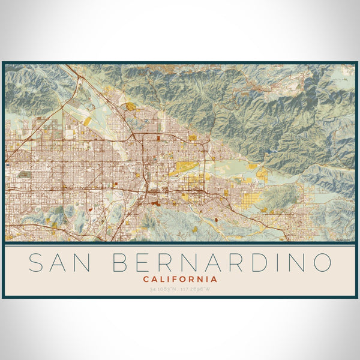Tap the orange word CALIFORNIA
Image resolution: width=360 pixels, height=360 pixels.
coord(180,279)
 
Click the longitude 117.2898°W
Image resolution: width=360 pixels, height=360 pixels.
coord(197,289)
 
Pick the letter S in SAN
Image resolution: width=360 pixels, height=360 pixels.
coord(37,262)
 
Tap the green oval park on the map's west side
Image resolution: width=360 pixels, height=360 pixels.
coord(24,175)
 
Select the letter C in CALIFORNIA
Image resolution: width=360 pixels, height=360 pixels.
coord(146,279)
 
